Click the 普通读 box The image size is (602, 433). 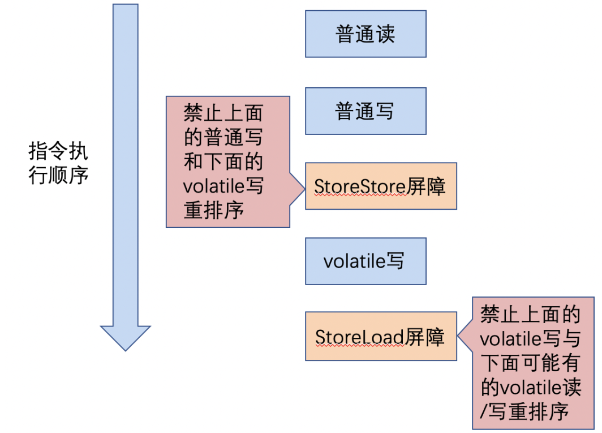(x=365, y=34)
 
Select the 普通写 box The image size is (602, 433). (x=365, y=111)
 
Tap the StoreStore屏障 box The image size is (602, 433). (x=380, y=186)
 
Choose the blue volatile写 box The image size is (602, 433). (x=365, y=261)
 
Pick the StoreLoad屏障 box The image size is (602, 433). (x=380, y=337)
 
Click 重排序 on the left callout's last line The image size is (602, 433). (x=213, y=210)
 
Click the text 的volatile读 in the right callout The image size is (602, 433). (x=530, y=387)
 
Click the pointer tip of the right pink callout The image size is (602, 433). (x=459, y=338)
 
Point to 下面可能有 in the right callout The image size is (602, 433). (x=530, y=363)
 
